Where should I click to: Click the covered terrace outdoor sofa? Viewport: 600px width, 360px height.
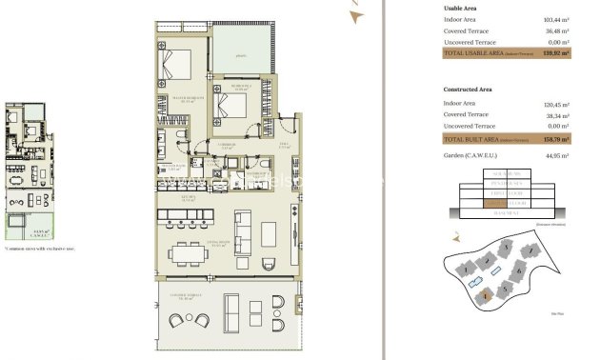[x=239, y=310]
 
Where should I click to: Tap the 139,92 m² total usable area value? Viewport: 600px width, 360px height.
[x=554, y=53]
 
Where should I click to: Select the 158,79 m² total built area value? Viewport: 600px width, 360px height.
[x=554, y=139]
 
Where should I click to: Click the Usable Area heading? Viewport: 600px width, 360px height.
[x=461, y=8]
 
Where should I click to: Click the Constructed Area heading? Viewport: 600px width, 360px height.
[x=468, y=89]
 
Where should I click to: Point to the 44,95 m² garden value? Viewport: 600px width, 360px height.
[x=556, y=155]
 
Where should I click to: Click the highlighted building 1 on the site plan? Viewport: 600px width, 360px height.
[x=486, y=295]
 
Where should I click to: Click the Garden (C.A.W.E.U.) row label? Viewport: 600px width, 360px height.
[x=474, y=155]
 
